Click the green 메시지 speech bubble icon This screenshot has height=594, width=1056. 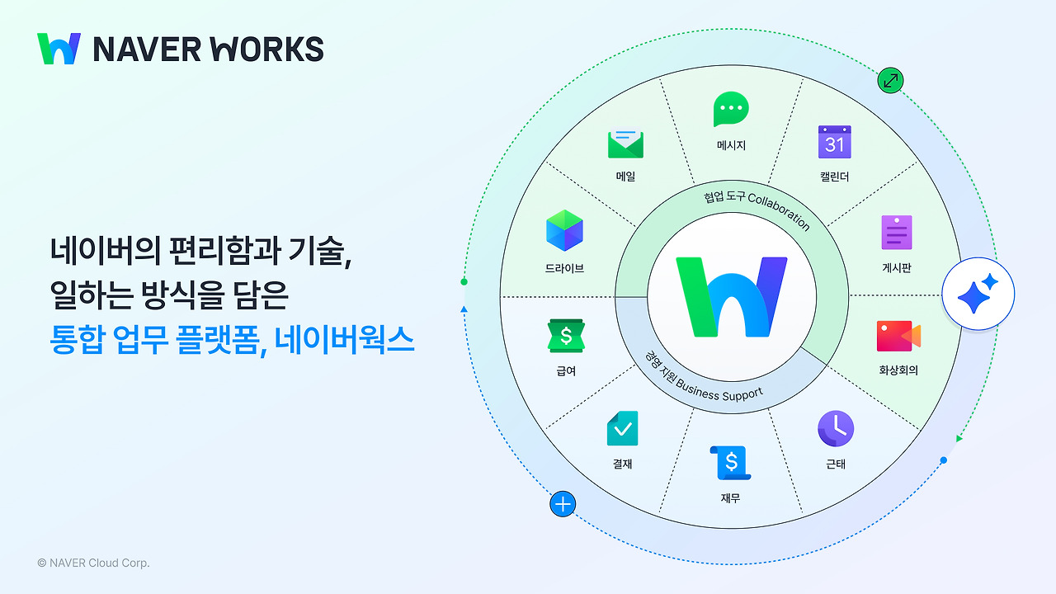pos(731,110)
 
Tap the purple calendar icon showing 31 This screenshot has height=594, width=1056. pos(834,142)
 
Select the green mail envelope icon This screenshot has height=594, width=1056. pos(625,144)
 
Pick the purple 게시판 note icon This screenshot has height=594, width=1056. pos(896,232)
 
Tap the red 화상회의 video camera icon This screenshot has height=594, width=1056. pos(898,337)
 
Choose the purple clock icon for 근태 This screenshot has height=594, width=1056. pos(836,429)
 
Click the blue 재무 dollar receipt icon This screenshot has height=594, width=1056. pos(730,463)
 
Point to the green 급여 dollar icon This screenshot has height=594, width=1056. pos(566,336)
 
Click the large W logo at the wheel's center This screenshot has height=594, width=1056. pos(731,297)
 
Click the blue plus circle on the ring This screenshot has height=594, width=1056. pos(563,504)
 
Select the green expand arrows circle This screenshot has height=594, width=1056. pos(891,80)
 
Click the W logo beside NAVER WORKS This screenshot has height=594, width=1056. pos(59,49)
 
